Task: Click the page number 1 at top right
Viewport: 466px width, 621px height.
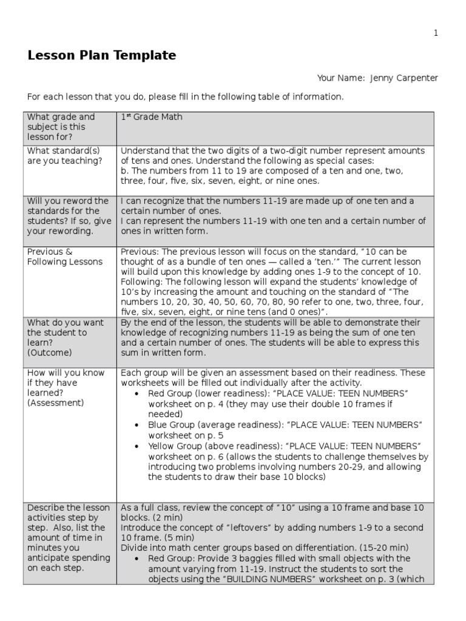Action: (435, 34)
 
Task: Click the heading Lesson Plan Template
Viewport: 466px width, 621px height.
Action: (102, 56)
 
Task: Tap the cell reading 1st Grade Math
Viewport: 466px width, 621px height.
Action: (152, 117)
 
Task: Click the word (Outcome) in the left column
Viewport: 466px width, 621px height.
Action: (49, 352)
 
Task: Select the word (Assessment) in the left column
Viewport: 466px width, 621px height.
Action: (56, 402)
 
